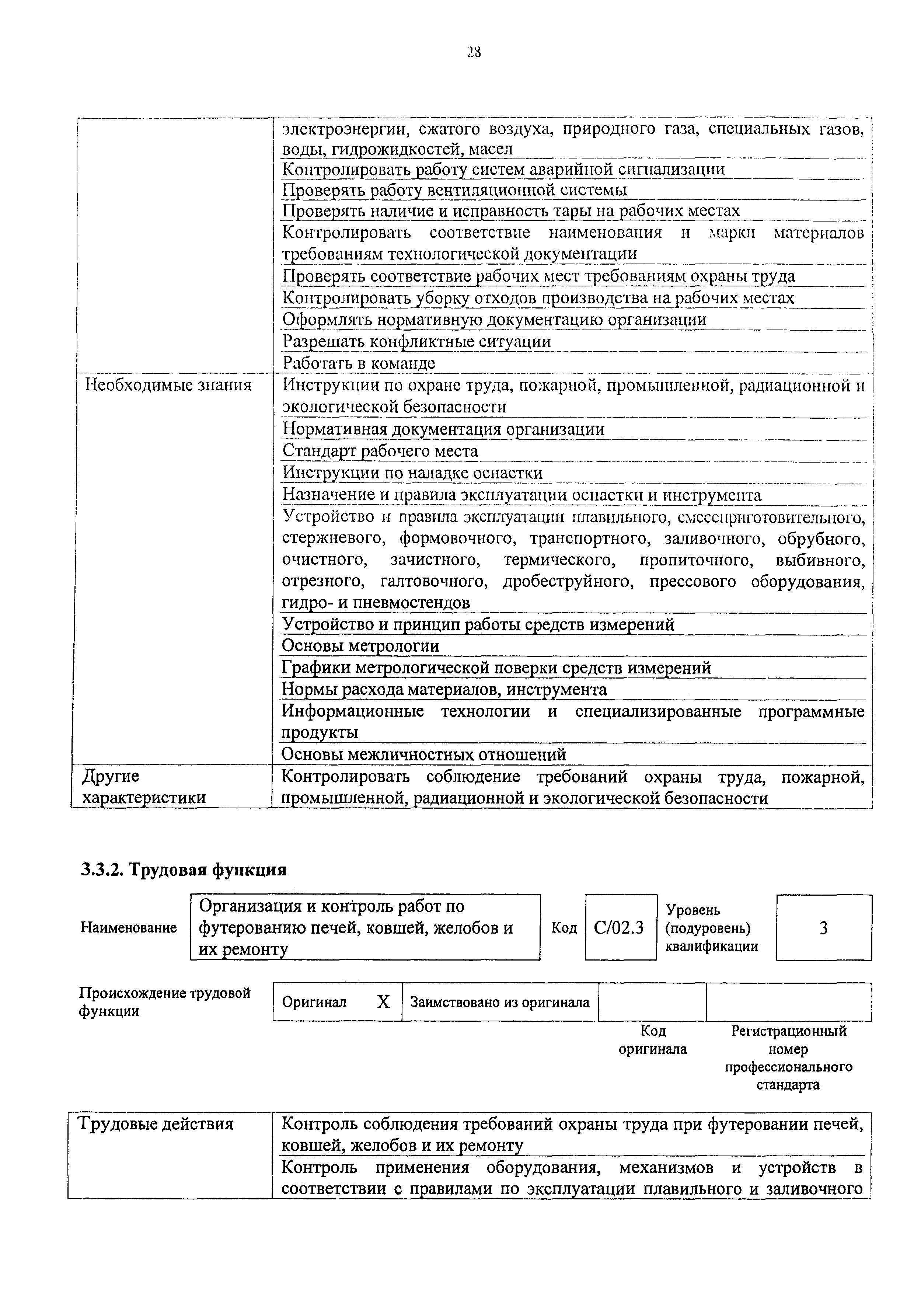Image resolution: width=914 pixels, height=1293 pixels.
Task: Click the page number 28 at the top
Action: (x=474, y=52)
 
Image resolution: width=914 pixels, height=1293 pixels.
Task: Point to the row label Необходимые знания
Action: (x=168, y=386)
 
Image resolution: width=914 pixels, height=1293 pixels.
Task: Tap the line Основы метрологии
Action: (x=360, y=646)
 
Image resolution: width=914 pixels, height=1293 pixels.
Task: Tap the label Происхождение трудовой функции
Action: (x=164, y=1002)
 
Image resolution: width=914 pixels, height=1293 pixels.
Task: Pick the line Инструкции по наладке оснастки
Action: (x=412, y=473)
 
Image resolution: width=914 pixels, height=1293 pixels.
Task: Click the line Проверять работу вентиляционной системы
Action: (x=454, y=190)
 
